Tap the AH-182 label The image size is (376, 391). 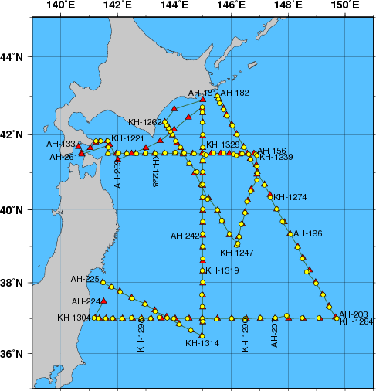pyautogui.click(x=235, y=93)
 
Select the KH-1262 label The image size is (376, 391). pyautogui.click(x=145, y=122)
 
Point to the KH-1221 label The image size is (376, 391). pyautogui.click(x=127, y=138)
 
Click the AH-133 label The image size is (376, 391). pyautogui.click(x=61, y=144)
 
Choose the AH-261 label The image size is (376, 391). pyautogui.click(x=63, y=157)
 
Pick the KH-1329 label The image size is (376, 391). pyautogui.click(x=223, y=144)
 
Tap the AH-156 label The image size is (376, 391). pyautogui.click(x=271, y=151)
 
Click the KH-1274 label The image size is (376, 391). pyautogui.click(x=290, y=197)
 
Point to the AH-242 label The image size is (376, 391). pyautogui.click(x=185, y=235)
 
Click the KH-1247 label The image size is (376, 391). pyautogui.click(x=236, y=252)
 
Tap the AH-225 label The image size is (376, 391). pyautogui.click(x=85, y=279)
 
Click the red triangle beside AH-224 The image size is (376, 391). pyautogui.click(x=104, y=301)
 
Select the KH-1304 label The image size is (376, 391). pyautogui.click(x=73, y=318)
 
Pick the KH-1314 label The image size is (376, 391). pyautogui.click(x=202, y=343)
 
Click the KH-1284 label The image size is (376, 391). pyautogui.click(x=357, y=321)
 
